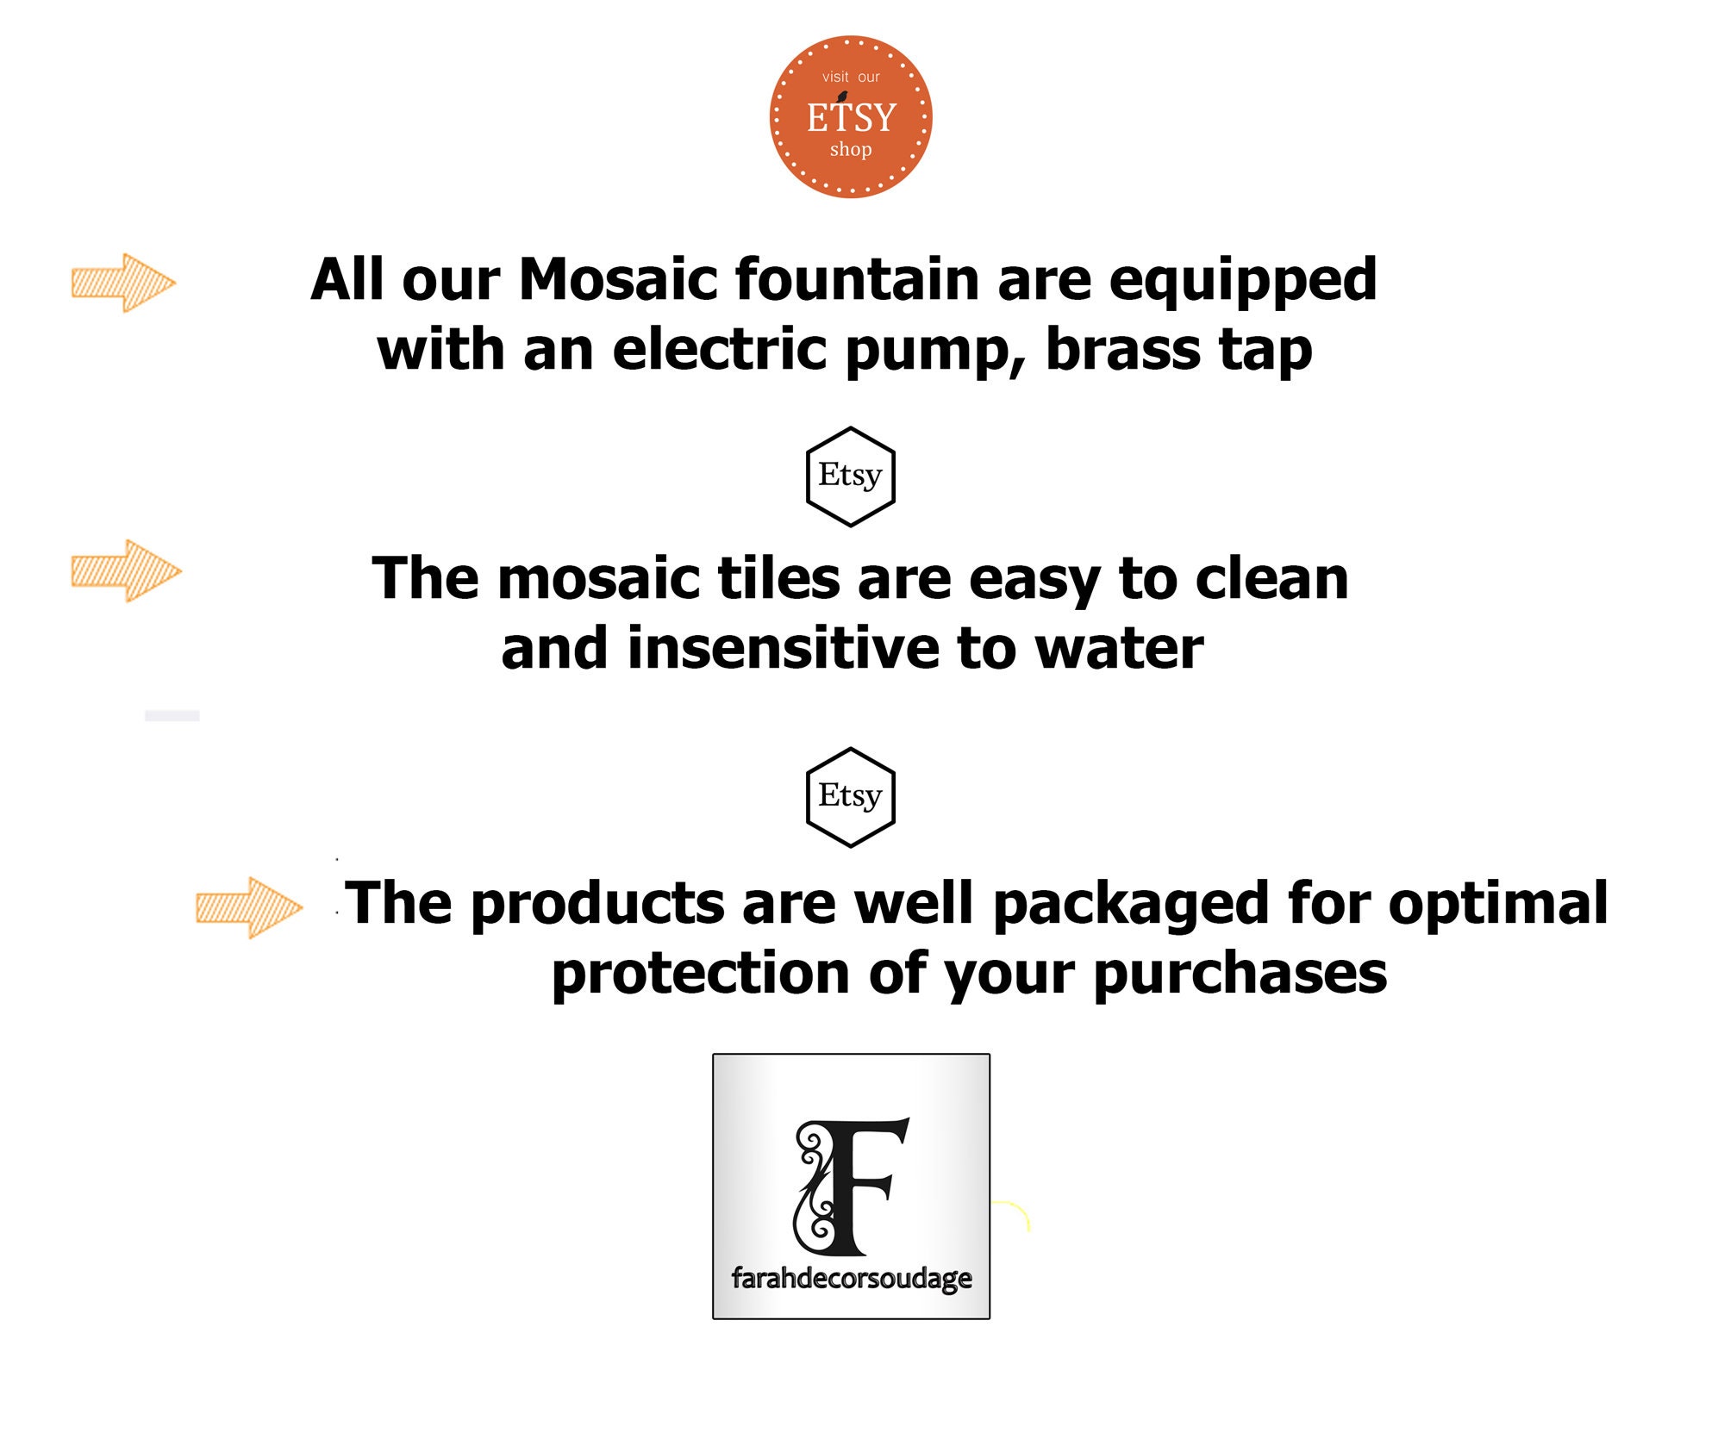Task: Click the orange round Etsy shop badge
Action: point(851,117)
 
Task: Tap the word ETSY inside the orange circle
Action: point(852,117)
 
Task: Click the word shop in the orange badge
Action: point(851,150)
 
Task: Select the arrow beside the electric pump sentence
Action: point(123,283)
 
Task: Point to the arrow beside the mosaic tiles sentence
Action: point(126,570)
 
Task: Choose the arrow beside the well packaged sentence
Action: point(249,907)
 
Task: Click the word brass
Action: point(1123,350)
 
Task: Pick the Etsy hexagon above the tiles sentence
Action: point(851,476)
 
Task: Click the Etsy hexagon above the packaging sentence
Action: point(851,797)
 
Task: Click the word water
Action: point(1119,649)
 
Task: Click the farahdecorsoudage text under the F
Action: point(852,1278)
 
